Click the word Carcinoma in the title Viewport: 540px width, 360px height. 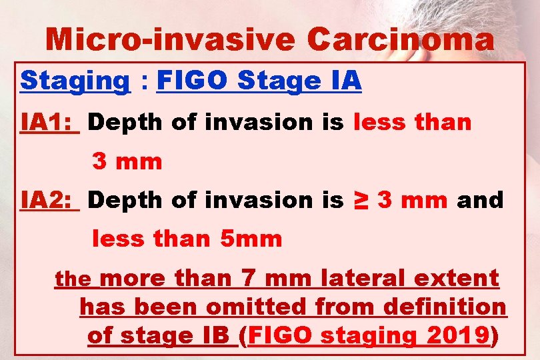pos(401,40)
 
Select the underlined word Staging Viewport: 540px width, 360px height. pos(75,81)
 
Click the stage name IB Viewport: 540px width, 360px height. pos(215,336)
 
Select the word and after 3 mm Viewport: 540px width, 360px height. pos(480,199)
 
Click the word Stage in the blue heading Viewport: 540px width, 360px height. pos(276,81)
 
